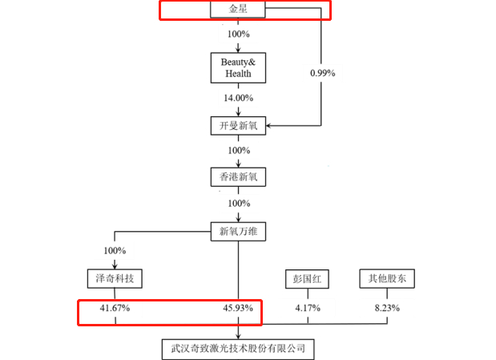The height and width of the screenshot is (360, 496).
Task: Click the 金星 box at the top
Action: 237,10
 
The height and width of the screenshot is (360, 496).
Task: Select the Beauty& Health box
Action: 237,68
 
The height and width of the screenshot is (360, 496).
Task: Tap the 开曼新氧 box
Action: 237,125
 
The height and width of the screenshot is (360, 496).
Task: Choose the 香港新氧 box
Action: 237,176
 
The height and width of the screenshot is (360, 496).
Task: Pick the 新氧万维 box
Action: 237,232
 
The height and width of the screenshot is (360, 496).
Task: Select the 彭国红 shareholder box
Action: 308,278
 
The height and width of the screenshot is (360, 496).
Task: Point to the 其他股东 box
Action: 387,278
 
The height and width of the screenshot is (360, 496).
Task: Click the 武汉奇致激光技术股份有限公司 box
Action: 237,349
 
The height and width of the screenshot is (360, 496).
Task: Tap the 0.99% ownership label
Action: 321,73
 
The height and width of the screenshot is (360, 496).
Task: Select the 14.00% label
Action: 238,98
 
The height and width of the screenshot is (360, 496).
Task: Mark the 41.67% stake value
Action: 115,308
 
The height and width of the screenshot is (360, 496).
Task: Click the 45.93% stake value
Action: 238,308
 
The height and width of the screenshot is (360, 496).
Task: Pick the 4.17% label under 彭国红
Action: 308,308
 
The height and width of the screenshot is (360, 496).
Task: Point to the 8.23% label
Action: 387,308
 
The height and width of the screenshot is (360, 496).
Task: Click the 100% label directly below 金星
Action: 238,36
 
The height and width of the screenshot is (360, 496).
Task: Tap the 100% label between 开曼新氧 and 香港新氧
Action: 238,150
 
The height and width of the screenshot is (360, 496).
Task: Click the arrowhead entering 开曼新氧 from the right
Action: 269,125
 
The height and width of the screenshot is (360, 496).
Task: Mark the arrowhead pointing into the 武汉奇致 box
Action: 238,335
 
